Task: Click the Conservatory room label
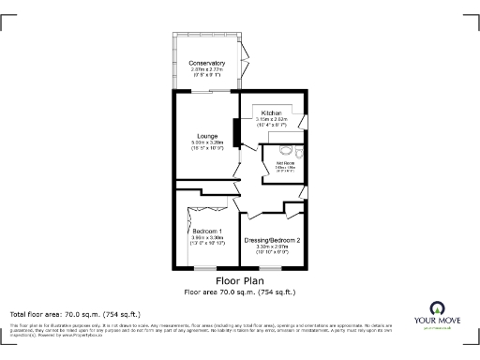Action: [x=206, y=63]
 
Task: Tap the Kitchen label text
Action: [x=272, y=113]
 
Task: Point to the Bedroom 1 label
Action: [x=207, y=231]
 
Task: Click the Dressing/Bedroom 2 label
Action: [x=272, y=241]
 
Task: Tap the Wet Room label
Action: [x=285, y=162]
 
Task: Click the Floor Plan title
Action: [x=239, y=280]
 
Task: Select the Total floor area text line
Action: [x=74, y=314]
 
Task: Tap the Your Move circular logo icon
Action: [x=436, y=306]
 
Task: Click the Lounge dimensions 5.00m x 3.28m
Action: [x=206, y=142]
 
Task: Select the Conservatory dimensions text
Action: [x=206, y=69]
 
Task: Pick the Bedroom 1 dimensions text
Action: [x=207, y=237]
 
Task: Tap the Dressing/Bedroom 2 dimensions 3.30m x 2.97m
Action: [x=272, y=247]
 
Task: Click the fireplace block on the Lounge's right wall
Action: [x=235, y=132]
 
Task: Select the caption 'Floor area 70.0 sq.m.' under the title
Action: [x=239, y=292]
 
